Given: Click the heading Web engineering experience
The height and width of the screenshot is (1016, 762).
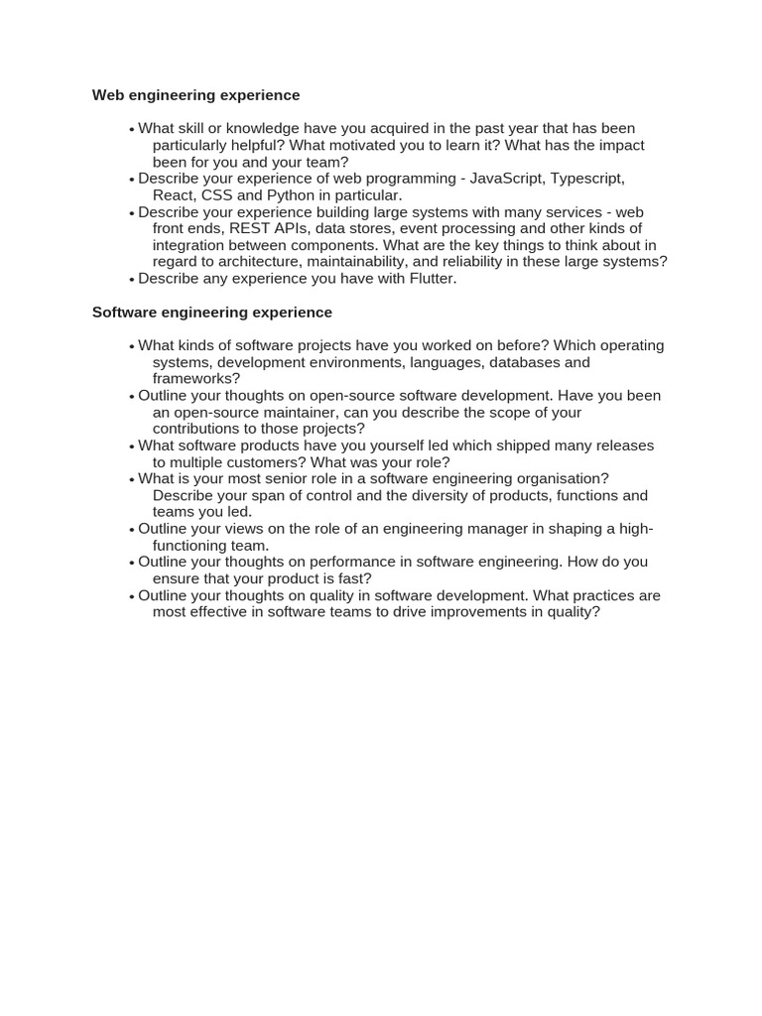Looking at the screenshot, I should (x=195, y=95).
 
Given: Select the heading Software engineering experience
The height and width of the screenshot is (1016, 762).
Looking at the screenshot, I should (x=212, y=312).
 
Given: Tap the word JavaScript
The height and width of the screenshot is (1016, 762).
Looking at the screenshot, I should (x=506, y=179).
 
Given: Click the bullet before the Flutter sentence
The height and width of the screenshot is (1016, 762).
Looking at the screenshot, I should (x=131, y=280).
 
